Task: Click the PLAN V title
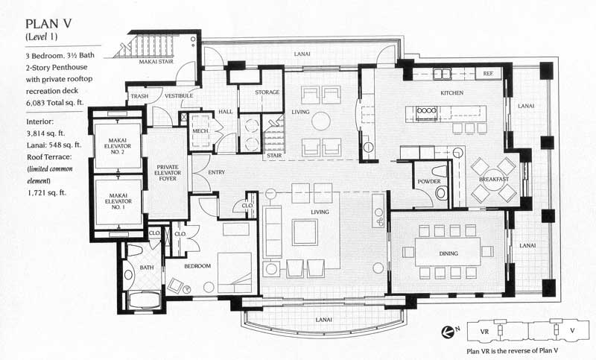[x=48, y=24]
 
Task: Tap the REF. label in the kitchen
[x=488, y=73]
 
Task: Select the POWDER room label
[x=429, y=181]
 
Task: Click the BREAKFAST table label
[x=494, y=179]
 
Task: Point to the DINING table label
[x=448, y=253]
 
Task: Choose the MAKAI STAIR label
[x=156, y=61]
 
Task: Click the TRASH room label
[x=139, y=96]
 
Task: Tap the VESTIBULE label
[x=179, y=96]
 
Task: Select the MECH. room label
[x=200, y=130]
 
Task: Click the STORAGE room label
[x=267, y=92]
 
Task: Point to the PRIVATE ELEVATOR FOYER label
[x=168, y=173]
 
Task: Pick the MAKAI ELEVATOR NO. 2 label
[x=118, y=146]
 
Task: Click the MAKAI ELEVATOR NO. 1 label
[x=118, y=201]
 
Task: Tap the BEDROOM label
[x=197, y=266]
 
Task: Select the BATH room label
[x=146, y=268]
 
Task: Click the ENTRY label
[x=216, y=172]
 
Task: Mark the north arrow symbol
[x=447, y=332]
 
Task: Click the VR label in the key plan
[x=484, y=332]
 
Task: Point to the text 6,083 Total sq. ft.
[x=55, y=103]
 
